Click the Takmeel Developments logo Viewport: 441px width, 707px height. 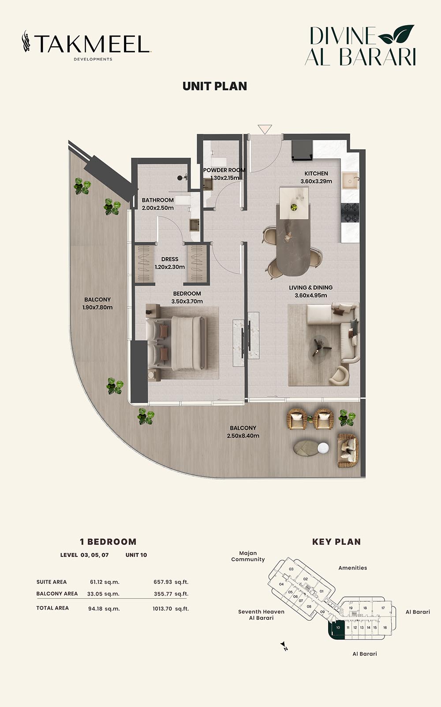click(x=86, y=45)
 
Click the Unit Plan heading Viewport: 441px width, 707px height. click(x=215, y=86)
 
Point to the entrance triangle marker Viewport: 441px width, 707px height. click(x=265, y=129)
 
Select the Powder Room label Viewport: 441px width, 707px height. click(x=224, y=170)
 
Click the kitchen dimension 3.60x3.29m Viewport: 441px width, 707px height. click(x=316, y=181)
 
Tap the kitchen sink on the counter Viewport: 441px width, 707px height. click(x=350, y=181)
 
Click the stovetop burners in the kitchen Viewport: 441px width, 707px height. click(x=351, y=213)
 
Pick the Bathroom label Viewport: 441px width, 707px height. click(x=157, y=200)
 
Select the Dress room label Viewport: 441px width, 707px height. click(x=170, y=259)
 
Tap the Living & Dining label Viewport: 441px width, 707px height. click(x=310, y=288)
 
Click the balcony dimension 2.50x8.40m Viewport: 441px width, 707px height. click(x=243, y=436)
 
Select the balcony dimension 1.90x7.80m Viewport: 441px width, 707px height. click(x=97, y=307)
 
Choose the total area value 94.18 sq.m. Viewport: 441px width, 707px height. click(x=104, y=609)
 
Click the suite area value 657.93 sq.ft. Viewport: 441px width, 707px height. click(x=171, y=582)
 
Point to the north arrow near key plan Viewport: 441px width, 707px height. click(x=284, y=646)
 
